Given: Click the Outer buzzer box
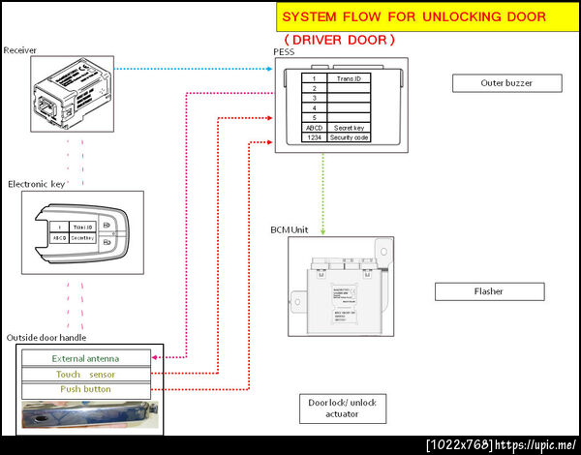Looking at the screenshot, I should point(506,83).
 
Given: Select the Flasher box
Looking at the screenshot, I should point(489,291).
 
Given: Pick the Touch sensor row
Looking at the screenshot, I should point(86,374).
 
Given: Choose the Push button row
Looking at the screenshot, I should point(86,389).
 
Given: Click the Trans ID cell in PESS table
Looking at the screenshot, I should point(349,77).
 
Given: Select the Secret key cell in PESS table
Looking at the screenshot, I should point(349,127).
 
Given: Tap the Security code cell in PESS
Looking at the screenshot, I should point(349,137).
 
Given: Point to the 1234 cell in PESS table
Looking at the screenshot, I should point(314,137).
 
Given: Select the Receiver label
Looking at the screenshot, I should point(20,49).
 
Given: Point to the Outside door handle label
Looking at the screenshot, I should point(46,337).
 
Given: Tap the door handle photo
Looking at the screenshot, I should point(86,414).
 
